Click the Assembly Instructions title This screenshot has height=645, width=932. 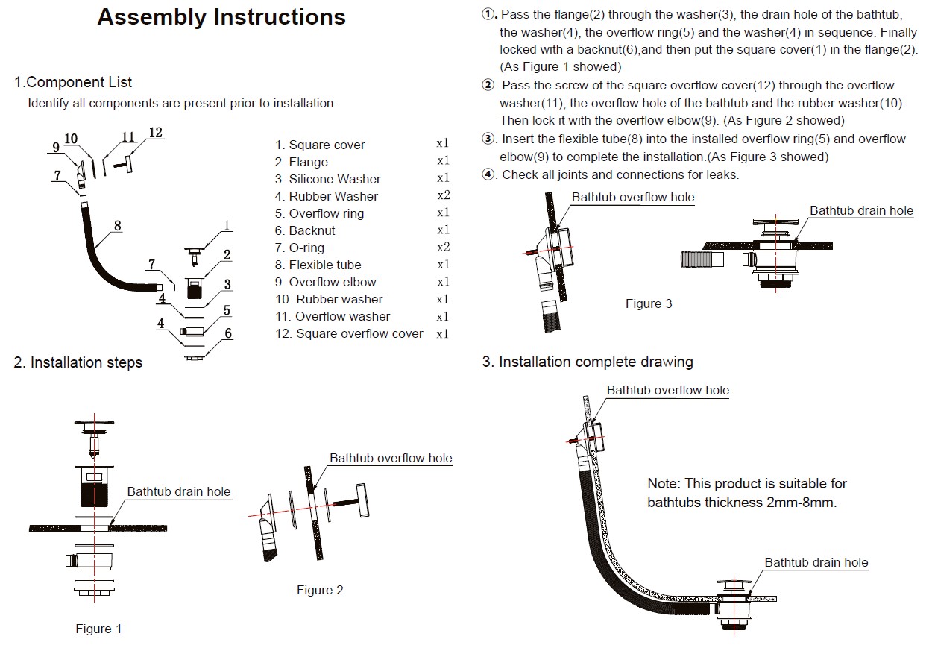[221, 17]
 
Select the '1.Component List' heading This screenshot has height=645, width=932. [73, 82]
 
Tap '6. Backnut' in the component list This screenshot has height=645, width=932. [305, 230]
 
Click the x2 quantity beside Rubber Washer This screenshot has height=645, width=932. [443, 196]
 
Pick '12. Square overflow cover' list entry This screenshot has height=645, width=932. [349, 333]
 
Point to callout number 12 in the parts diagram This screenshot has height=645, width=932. [155, 133]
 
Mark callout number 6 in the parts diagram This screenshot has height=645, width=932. [228, 333]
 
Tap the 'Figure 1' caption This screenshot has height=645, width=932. [98, 629]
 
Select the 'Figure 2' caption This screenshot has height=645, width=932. [320, 590]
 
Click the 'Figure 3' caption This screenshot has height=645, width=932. [648, 303]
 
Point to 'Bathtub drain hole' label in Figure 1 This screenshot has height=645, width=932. [179, 491]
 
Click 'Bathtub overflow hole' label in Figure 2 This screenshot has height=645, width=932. [391, 458]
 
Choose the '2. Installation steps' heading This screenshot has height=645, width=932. [78, 362]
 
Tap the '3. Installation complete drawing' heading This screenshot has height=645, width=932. [588, 362]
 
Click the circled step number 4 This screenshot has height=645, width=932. [488, 174]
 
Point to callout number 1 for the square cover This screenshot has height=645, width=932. [227, 225]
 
